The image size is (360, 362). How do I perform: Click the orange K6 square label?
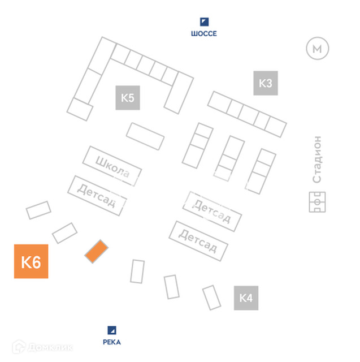tap(31, 261)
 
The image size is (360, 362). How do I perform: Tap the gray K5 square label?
tap(128, 98)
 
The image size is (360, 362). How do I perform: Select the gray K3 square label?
tap(265, 83)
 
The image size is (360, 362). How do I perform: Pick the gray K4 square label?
tap(246, 298)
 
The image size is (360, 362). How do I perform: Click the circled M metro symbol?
tap(317, 49)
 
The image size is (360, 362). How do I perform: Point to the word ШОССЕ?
tap(204, 34)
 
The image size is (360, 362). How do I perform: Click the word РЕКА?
tap(112, 342)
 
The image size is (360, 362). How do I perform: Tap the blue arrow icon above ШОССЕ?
tap(204, 22)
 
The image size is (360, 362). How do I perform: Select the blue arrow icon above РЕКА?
tap(112, 330)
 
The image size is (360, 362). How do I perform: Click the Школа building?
tap(112, 166)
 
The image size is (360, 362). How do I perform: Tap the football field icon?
tap(317, 201)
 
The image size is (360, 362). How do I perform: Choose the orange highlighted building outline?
tap(97, 251)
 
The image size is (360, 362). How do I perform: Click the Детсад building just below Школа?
tap(97, 195)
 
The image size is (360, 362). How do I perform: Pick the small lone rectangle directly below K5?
tap(145, 136)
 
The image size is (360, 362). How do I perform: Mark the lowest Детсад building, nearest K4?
tap(198, 240)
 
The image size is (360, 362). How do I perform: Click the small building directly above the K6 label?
tap(38, 210)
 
